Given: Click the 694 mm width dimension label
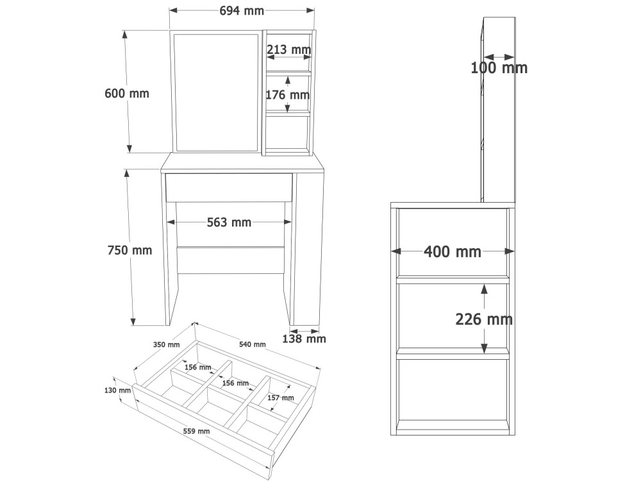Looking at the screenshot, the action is coord(242,11).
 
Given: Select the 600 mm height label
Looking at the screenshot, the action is coord(127,94).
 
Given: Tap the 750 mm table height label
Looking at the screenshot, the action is coord(129,250).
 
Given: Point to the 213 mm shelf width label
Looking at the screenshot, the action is coord(289,50).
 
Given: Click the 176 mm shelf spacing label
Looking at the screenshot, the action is coord(287,96).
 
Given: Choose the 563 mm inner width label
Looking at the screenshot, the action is coord(229,223).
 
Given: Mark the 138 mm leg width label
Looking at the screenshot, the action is coord(304,339).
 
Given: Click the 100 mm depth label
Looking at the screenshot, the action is coord(499,68).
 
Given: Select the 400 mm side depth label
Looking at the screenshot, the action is coord(453,252).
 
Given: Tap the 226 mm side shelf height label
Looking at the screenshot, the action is coord(484,319).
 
